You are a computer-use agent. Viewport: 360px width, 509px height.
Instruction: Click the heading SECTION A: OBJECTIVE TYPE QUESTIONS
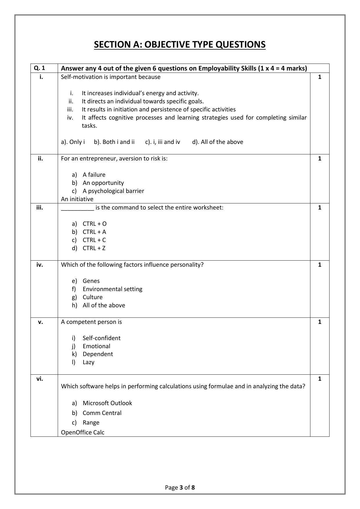[180, 45]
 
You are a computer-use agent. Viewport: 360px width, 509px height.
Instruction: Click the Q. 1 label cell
[39, 68]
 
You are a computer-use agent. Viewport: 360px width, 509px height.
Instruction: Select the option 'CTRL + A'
[94, 232]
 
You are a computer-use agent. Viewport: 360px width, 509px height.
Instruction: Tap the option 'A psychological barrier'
[113, 191]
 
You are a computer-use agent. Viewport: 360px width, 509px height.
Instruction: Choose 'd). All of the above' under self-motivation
[218, 142]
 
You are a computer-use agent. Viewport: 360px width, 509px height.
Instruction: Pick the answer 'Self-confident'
[101, 338]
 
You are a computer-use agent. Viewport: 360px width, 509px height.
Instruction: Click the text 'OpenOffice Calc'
[83, 432]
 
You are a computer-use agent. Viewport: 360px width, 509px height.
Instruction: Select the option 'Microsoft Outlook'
[107, 403]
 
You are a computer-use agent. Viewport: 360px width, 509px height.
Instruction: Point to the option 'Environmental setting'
[112, 289]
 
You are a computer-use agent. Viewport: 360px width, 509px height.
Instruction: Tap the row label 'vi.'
[40, 379]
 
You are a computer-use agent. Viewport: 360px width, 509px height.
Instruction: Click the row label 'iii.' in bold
[40, 207]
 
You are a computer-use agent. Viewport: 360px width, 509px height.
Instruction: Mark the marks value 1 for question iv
[320, 265]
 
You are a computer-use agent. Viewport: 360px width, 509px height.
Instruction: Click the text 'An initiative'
[77, 199]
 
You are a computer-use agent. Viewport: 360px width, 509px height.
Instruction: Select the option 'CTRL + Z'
[94, 248]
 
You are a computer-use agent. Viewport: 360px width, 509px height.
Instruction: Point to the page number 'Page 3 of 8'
[180, 488]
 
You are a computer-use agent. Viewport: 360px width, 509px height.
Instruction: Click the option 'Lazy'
[88, 362]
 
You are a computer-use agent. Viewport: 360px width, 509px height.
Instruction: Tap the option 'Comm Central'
[102, 413]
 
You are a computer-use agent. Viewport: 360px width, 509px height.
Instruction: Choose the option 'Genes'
[91, 281]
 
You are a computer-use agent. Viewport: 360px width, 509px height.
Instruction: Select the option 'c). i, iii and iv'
[162, 142]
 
